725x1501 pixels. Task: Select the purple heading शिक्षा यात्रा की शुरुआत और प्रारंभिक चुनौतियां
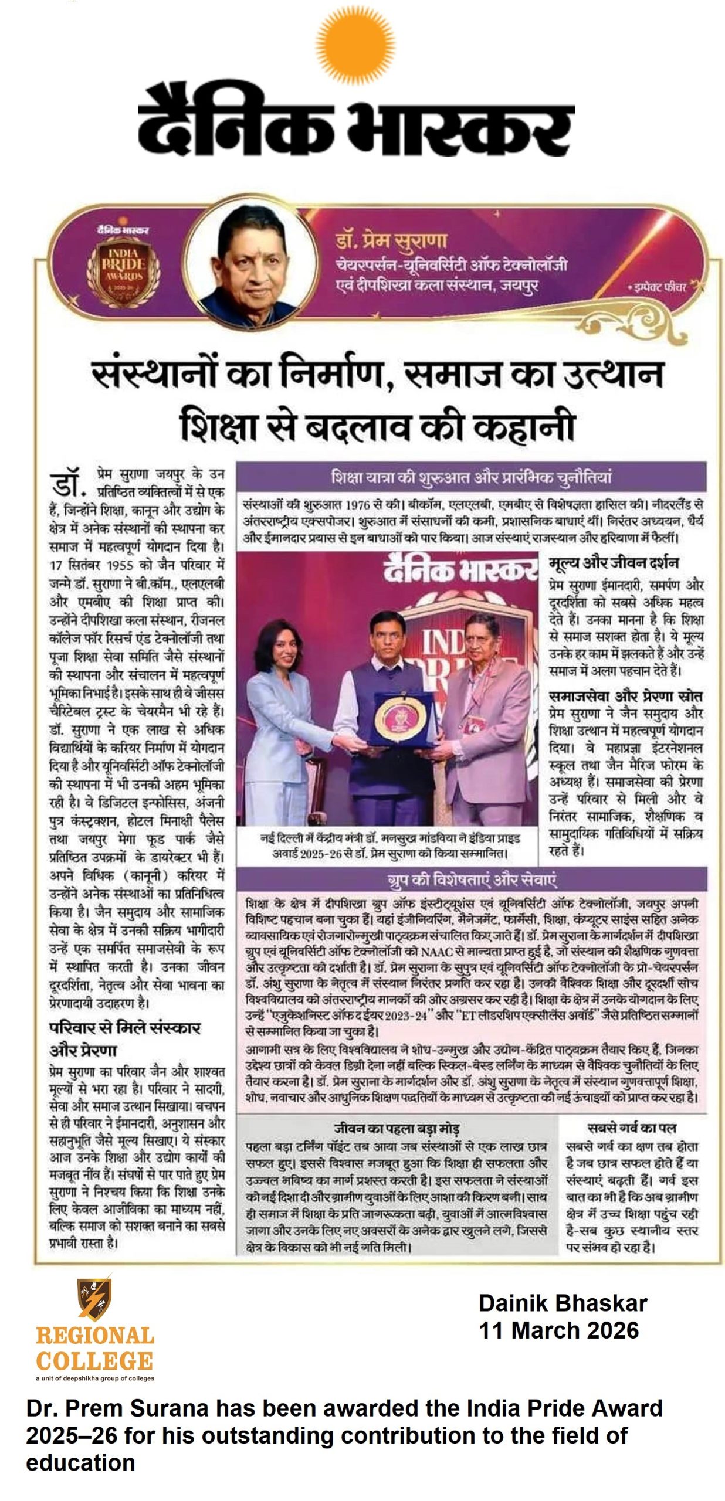point(471,477)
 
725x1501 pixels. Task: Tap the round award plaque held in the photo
point(401,719)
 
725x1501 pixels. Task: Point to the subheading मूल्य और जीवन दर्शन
point(614,563)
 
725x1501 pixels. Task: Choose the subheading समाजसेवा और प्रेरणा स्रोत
point(625,696)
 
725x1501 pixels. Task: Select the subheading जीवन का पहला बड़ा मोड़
point(396,1128)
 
